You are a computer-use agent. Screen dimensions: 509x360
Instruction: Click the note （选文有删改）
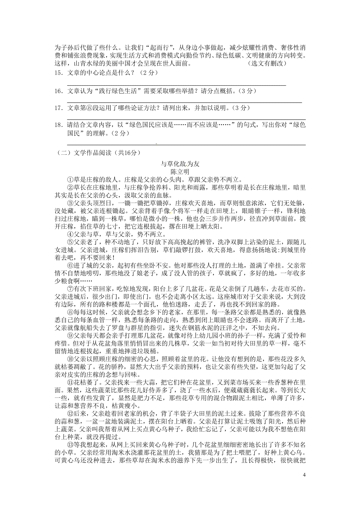coord(268,64)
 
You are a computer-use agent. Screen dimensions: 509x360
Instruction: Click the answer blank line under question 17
coord(186,119)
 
